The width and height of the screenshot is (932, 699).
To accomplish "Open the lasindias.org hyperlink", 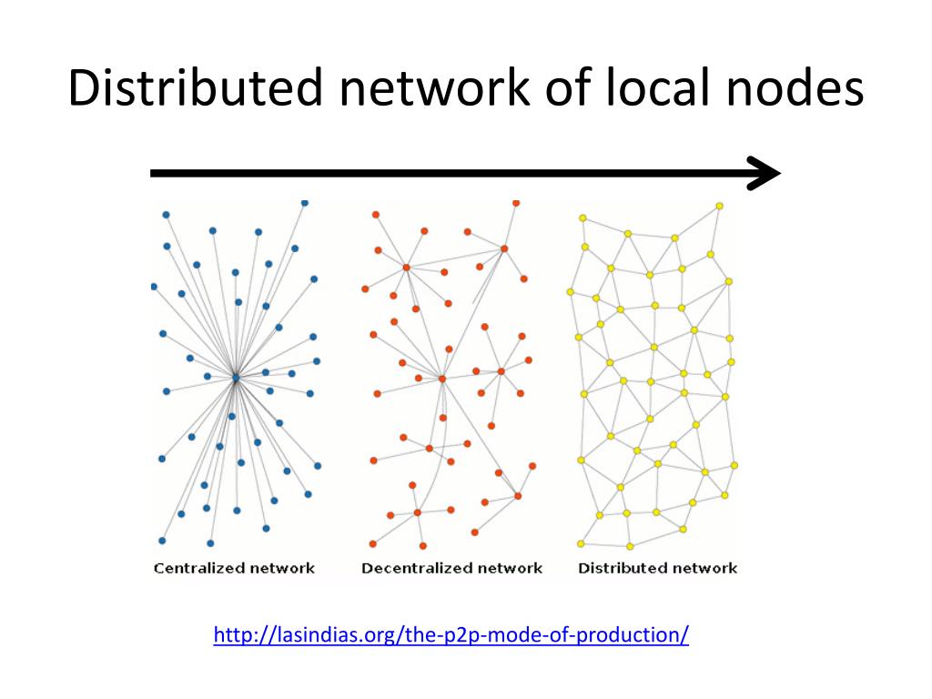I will pyautogui.click(x=451, y=633).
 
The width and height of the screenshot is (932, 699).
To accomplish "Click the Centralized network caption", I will pyautogui.click(x=234, y=568).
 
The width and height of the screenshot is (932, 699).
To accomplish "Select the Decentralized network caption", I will pyautogui.click(x=451, y=568).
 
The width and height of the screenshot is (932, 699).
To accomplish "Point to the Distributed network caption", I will pyautogui.click(x=657, y=568).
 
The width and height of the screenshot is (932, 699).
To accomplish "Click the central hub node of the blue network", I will pyautogui.click(x=235, y=377).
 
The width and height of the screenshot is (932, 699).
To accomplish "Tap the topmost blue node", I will pyautogui.click(x=304, y=202).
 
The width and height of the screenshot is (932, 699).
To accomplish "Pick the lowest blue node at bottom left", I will pyautogui.click(x=162, y=541).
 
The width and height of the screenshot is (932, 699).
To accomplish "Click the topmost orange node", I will pyautogui.click(x=516, y=202).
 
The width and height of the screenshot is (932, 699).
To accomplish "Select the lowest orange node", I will pyautogui.click(x=423, y=546).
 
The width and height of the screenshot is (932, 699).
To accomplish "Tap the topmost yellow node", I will pyautogui.click(x=719, y=207).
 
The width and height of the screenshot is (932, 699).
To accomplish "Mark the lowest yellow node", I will pyautogui.click(x=630, y=546).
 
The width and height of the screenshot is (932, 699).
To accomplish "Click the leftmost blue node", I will pyautogui.click(x=153, y=287).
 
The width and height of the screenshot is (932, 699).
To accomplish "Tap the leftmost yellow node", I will pyautogui.click(x=571, y=292).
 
